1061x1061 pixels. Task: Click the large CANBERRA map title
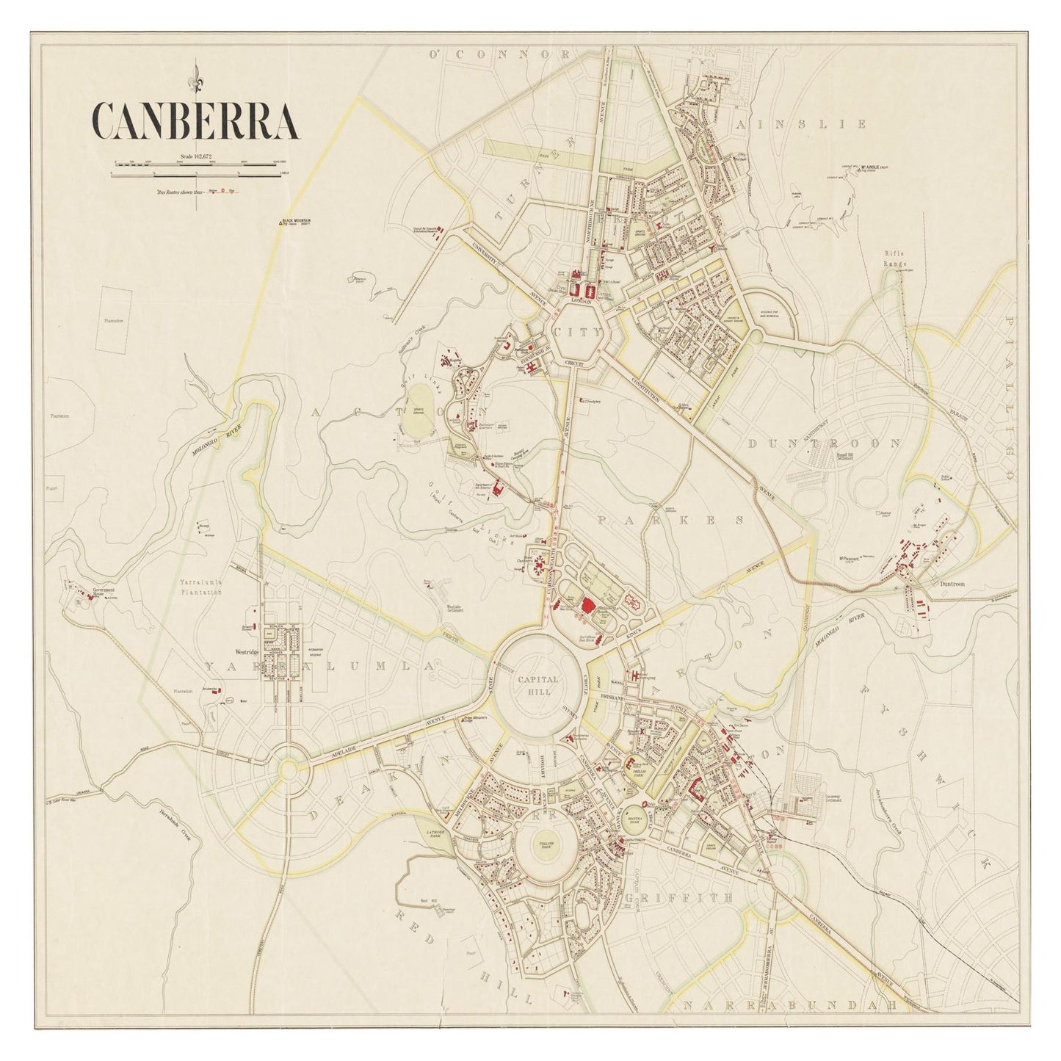[x=195, y=120]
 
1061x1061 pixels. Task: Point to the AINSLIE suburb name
[x=800, y=124]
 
